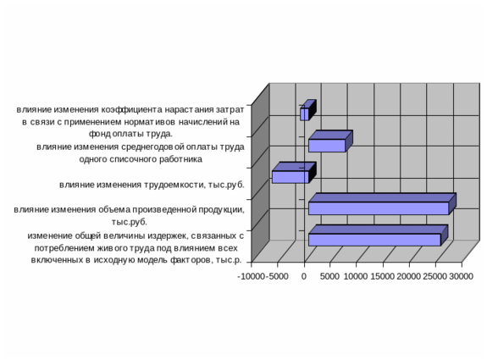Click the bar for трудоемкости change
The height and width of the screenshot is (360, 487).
(294, 173)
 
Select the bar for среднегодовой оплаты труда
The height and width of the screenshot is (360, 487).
(330, 141)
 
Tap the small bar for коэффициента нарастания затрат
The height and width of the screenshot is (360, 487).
(308, 110)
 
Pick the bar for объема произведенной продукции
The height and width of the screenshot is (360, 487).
(382, 204)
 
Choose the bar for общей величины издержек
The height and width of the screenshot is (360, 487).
(378, 235)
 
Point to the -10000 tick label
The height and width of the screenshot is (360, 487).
(251, 276)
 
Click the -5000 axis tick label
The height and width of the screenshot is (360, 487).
(277, 276)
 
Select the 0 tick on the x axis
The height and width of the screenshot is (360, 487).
(304, 276)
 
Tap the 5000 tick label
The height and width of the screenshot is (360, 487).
(329, 276)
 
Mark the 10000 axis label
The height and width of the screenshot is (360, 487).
(356, 276)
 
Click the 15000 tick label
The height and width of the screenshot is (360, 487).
(382, 276)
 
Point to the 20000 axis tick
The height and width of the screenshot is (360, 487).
(409, 276)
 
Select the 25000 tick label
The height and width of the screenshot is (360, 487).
(434, 276)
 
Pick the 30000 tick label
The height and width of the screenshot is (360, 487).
(462, 276)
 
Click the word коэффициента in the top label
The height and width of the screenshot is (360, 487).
(131, 110)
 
